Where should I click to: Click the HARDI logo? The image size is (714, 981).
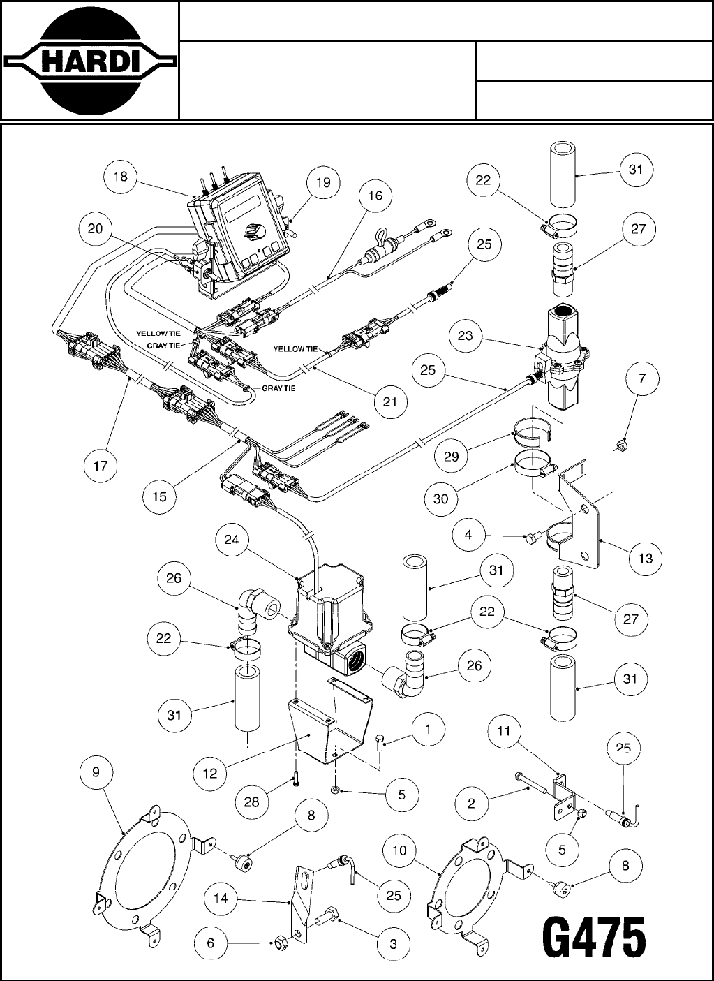pyautogui.click(x=89, y=61)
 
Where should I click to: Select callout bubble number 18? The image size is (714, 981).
pyautogui.click(x=120, y=177)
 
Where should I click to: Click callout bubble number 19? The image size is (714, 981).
pyautogui.click(x=322, y=184)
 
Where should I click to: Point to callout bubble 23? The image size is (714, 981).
pyautogui.click(x=466, y=336)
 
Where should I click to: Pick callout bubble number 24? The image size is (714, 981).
pyautogui.click(x=232, y=540)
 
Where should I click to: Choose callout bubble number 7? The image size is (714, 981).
pyautogui.click(x=642, y=379)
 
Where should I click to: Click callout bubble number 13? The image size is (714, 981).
pyautogui.click(x=646, y=558)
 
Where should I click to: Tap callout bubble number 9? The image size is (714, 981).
pyautogui.click(x=96, y=772)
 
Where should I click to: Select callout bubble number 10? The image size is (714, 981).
pyautogui.click(x=399, y=851)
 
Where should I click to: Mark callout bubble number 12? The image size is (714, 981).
pyautogui.click(x=210, y=773)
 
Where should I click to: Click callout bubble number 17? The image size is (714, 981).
pyautogui.click(x=101, y=466)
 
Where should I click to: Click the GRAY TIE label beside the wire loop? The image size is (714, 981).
pyautogui.click(x=279, y=388)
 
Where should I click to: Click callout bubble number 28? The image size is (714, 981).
pyautogui.click(x=252, y=802)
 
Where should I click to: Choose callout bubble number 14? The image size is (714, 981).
pyautogui.click(x=221, y=898)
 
